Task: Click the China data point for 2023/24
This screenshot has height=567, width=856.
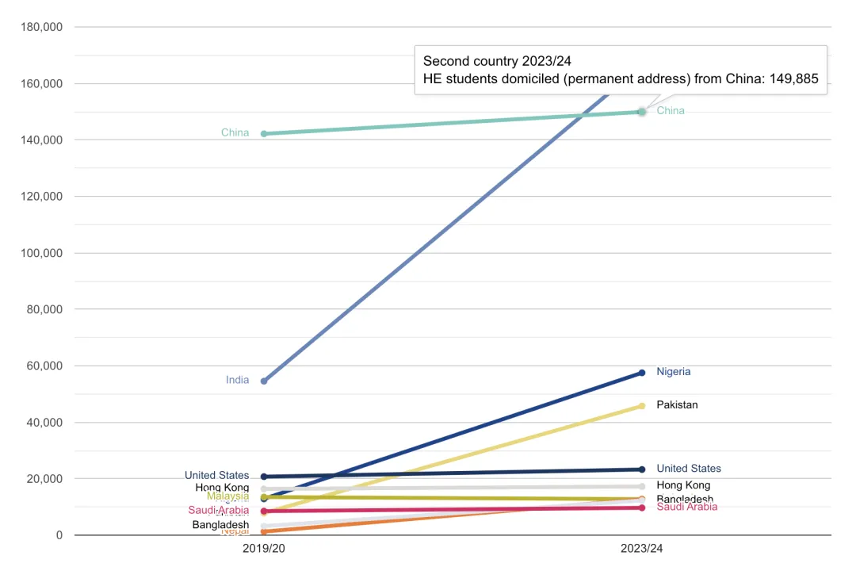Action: pyautogui.click(x=641, y=112)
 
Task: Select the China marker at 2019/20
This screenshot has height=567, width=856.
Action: pyautogui.click(x=264, y=133)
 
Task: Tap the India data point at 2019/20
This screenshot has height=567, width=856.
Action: pyautogui.click(x=264, y=381)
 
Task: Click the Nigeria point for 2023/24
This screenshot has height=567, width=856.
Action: pyautogui.click(x=641, y=373)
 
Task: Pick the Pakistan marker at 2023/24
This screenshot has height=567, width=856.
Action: pyautogui.click(x=641, y=406)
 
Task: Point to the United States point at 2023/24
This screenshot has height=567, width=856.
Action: pyautogui.click(x=641, y=469)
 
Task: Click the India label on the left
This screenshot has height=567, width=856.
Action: pyautogui.click(x=237, y=380)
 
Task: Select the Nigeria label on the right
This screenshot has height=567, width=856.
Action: pyautogui.click(x=673, y=371)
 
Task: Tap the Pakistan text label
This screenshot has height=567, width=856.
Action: pyautogui.click(x=677, y=404)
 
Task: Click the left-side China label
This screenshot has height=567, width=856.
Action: pyautogui.click(x=235, y=132)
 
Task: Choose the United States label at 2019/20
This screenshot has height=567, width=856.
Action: pyautogui.click(x=216, y=475)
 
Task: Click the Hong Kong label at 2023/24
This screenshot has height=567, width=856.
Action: pyautogui.click(x=683, y=485)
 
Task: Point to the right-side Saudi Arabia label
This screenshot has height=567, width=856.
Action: pyautogui.click(x=686, y=507)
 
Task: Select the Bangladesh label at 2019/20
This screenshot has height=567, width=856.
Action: pyautogui.click(x=220, y=525)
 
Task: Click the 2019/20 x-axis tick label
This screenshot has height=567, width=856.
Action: pyautogui.click(x=264, y=548)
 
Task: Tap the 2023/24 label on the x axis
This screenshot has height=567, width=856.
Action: pyautogui.click(x=641, y=548)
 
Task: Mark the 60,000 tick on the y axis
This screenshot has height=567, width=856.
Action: pyautogui.click(x=44, y=366)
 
